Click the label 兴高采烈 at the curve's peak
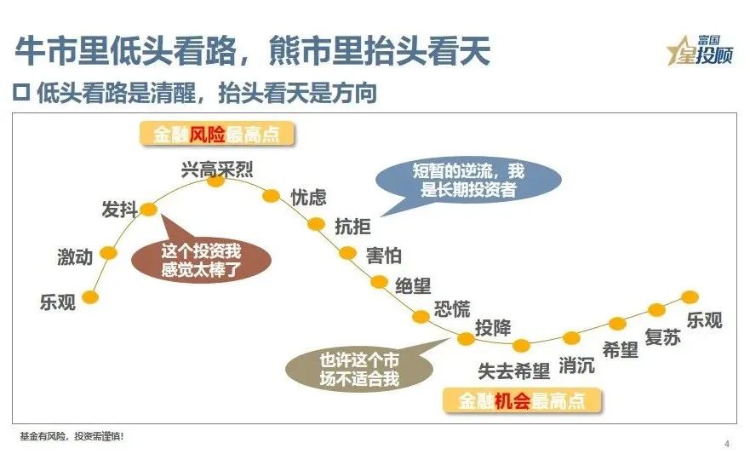(x=217, y=167)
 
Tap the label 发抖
(x=119, y=210)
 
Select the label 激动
(x=75, y=257)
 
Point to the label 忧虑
(x=308, y=198)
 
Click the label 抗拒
(x=353, y=227)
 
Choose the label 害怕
(x=384, y=256)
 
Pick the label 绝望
(x=415, y=285)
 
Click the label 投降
(x=493, y=327)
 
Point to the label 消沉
(x=576, y=366)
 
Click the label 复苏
(x=663, y=337)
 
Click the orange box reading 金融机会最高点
(x=522, y=401)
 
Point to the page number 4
(x=726, y=444)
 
